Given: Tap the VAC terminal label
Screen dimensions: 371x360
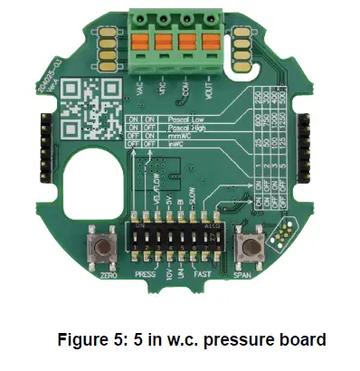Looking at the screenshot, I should [140, 90].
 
